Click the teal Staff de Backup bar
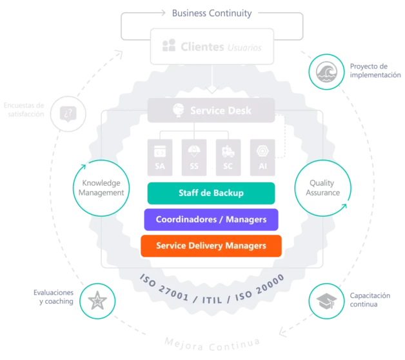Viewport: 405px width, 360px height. click(211, 192)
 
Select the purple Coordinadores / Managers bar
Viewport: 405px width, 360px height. click(211, 219)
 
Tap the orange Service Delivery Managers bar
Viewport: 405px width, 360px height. click(211, 246)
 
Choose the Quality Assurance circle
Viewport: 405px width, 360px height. click(322, 188)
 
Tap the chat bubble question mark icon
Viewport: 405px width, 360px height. click(68, 114)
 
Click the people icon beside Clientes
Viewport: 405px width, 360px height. click(169, 46)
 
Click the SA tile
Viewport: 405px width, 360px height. click(160, 156)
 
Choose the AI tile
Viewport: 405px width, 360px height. click(262, 156)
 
